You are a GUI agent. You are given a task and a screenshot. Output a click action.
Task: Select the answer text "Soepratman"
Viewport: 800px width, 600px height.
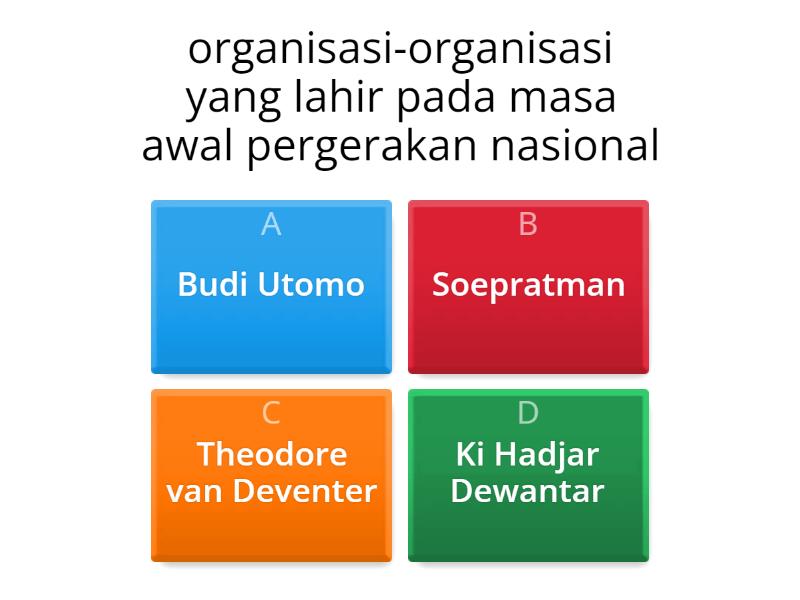tap(528, 285)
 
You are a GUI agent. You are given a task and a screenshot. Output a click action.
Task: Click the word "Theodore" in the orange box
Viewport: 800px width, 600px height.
tap(271, 454)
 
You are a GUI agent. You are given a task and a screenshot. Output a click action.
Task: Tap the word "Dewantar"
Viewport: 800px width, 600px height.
tap(528, 491)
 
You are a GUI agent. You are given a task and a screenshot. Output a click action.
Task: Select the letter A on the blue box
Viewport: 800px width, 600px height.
tap(271, 225)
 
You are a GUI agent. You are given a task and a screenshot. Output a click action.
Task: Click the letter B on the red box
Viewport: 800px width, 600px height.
tap(528, 225)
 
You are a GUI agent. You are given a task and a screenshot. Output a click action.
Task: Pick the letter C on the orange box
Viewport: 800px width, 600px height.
tap(271, 413)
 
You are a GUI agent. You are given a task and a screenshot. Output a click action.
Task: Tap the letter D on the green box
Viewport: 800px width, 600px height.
tap(528, 413)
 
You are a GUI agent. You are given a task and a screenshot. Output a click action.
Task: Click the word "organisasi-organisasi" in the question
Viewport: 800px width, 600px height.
tap(400, 51)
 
